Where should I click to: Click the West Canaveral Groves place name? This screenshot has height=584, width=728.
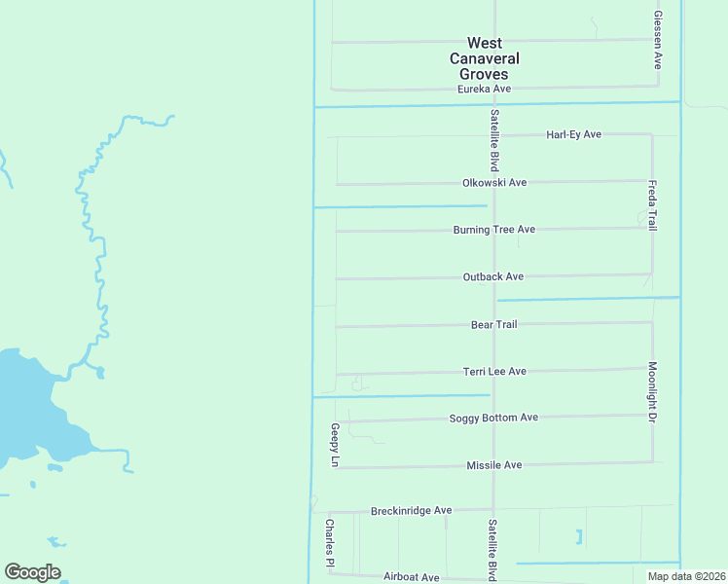(485, 58)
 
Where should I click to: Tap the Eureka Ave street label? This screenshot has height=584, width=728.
(485, 90)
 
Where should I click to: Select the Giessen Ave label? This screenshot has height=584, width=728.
(658, 40)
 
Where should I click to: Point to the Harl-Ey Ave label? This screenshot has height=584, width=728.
(573, 134)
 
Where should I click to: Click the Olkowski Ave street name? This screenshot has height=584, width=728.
(494, 182)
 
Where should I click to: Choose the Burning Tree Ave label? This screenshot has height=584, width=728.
(494, 230)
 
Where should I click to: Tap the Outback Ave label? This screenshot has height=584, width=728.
(493, 276)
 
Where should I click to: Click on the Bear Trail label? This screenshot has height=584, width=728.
(493, 324)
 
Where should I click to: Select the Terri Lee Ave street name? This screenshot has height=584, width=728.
(493, 371)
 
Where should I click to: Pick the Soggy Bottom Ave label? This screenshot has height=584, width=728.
(493, 418)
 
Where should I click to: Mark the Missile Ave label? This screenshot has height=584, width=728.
(493, 465)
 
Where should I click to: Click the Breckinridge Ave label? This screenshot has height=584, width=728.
(412, 510)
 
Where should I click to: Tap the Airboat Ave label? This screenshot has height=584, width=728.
(413, 577)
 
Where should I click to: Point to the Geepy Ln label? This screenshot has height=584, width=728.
(334, 446)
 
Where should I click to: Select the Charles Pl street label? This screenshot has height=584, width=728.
(329, 543)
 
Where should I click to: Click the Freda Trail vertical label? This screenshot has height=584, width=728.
(652, 204)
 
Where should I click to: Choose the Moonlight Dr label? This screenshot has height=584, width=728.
(652, 392)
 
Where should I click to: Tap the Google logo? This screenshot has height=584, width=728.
(32, 572)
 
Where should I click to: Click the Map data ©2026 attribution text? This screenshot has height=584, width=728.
(686, 576)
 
